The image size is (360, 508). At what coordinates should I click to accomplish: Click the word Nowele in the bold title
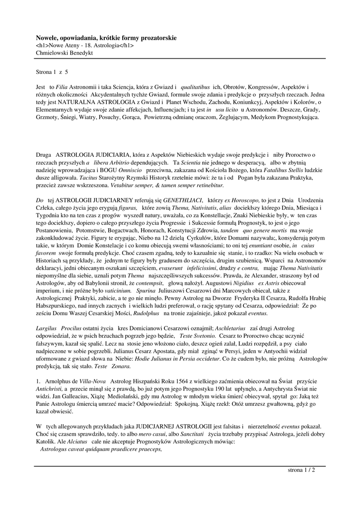tap(47, 38)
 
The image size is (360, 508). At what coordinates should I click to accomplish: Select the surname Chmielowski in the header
tap(52, 52)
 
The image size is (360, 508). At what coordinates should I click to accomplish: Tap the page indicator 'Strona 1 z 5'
tap(52, 72)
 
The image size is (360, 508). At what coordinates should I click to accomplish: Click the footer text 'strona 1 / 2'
tap(301, 470)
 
